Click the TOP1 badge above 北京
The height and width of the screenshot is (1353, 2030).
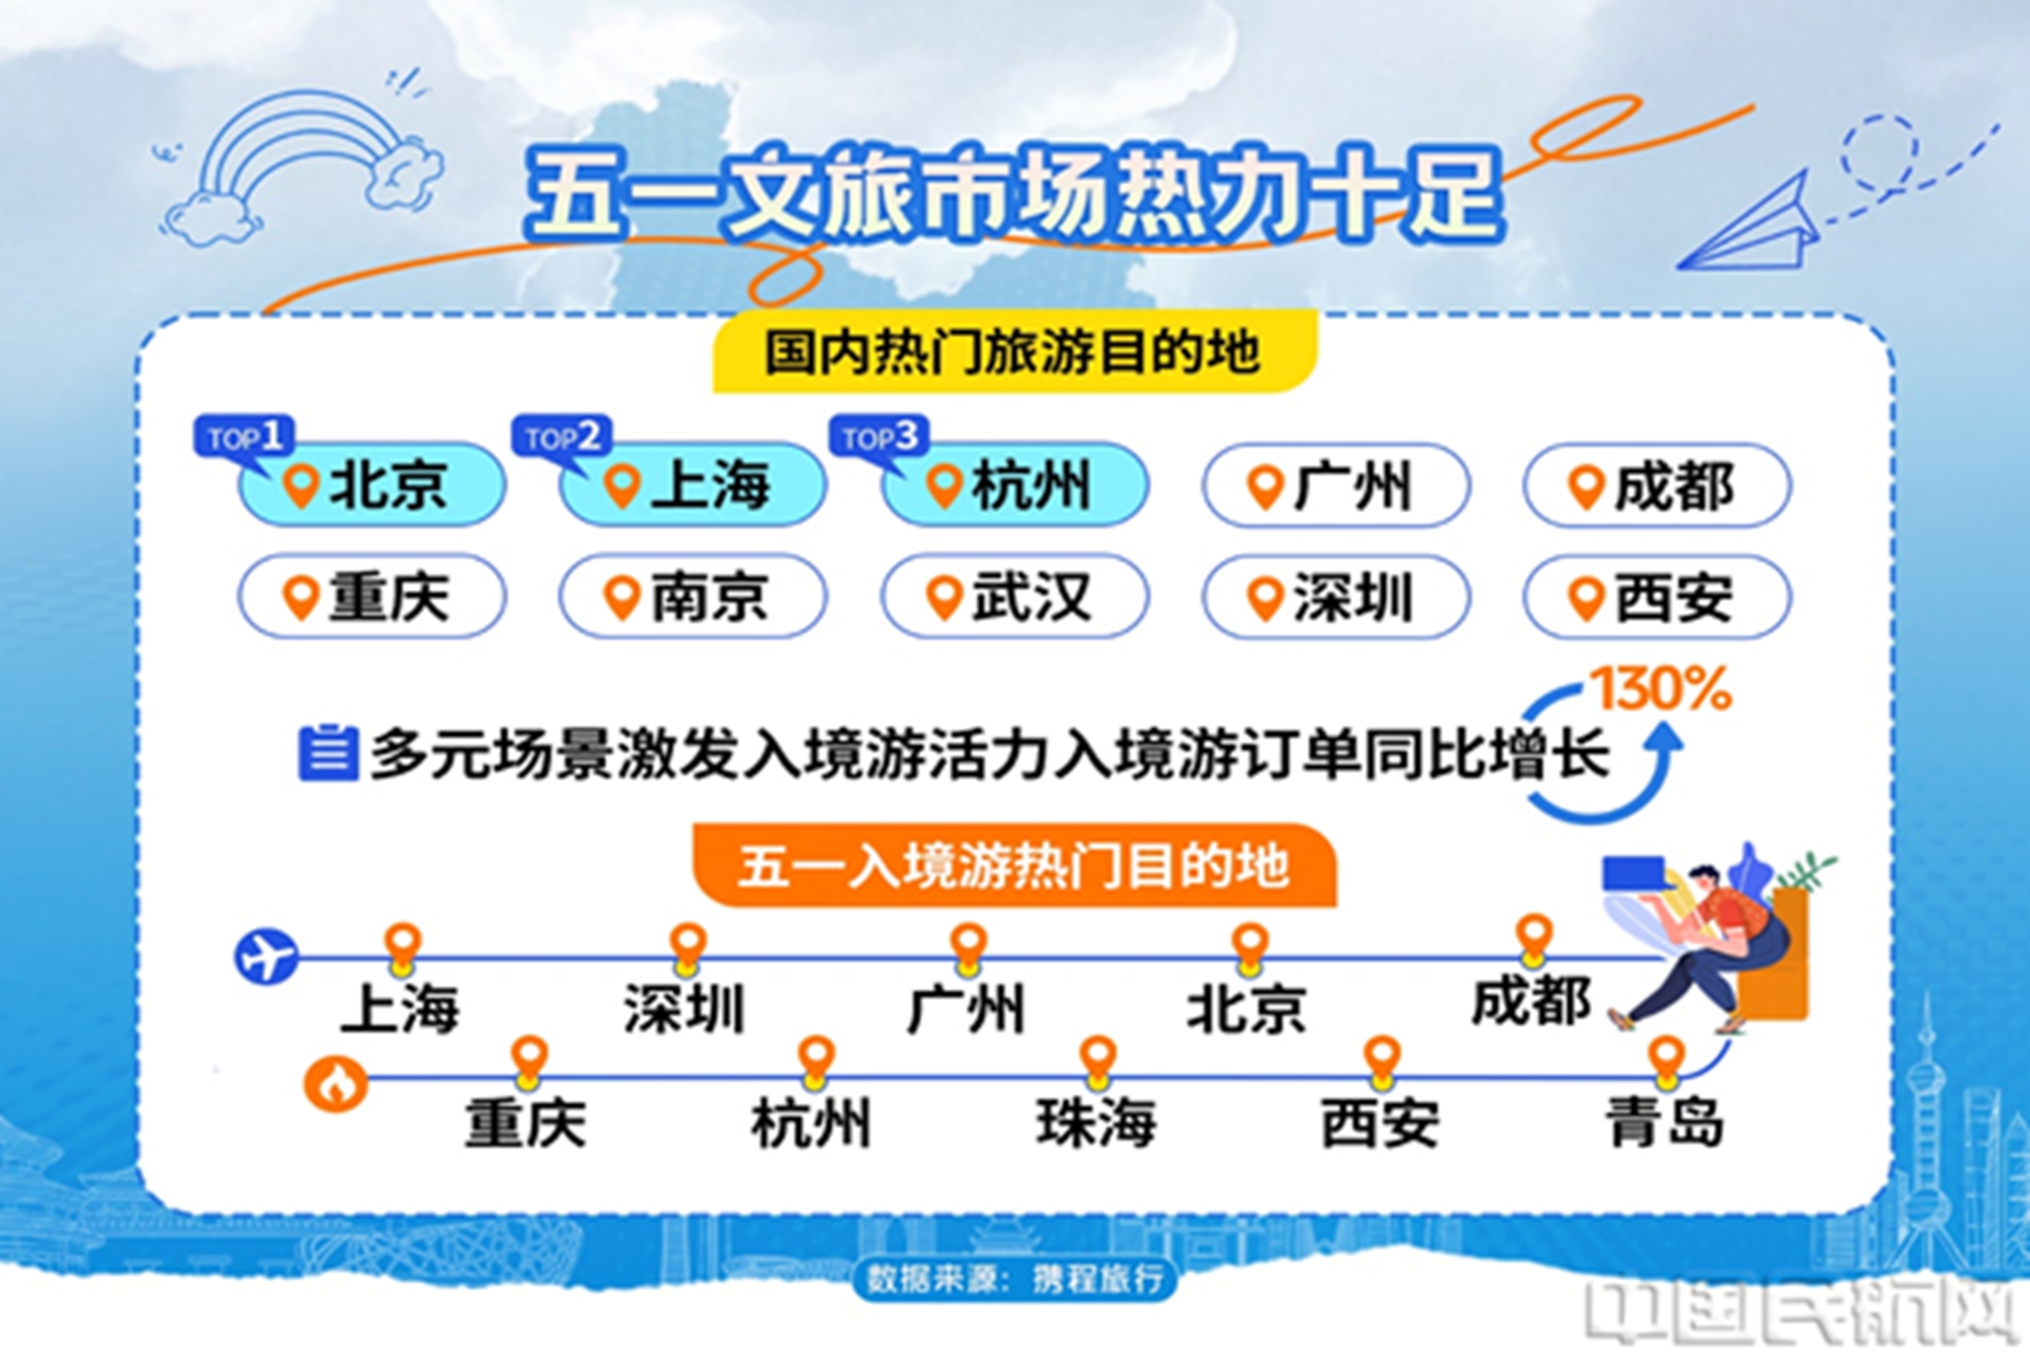[x=244, y=437]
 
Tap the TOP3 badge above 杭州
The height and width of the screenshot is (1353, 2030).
[x=880, y=437]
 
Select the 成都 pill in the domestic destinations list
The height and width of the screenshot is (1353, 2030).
[x=1657, y=485]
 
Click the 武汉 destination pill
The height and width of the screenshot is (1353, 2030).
[x=1014, y=596]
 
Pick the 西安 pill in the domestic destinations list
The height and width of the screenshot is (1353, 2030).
[x=1657, y=596]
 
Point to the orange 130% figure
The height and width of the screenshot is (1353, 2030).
[x=1660, y=688]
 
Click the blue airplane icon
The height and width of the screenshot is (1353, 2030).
[x=266, y=956]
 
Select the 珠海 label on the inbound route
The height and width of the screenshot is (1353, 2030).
[x=1096, y=1123]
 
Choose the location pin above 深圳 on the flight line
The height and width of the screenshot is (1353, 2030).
[x=688, y=948]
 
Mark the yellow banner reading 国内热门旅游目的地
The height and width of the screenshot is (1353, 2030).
[x=1014, y=351]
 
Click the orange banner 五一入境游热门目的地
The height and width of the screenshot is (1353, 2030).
[x=1014, y=865]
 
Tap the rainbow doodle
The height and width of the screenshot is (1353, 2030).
[x=302, y=164]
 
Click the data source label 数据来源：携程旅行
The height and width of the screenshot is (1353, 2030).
[x=1014, y=1278]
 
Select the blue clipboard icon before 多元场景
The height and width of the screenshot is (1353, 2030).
[x=328, y=753]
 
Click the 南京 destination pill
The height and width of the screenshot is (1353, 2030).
[x=692, y=596]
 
